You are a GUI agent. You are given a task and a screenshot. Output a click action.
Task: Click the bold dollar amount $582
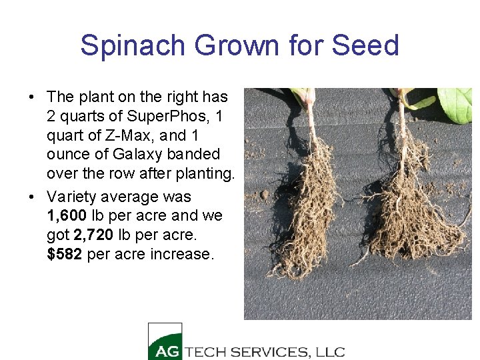click(x=65, y=254)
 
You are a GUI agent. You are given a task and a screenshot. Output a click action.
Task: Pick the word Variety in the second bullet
click(x=72, y=197)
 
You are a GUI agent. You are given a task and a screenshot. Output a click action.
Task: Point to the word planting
click(x=203, y=173)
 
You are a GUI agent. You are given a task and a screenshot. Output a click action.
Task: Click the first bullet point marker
click(x=32, y=97)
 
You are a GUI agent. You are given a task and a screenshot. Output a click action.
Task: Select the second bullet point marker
click(x=32, y=197)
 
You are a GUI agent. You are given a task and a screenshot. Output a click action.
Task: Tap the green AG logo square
click(x=165, y=341)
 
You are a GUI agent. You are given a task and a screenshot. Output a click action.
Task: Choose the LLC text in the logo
click(x=329, y=351)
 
